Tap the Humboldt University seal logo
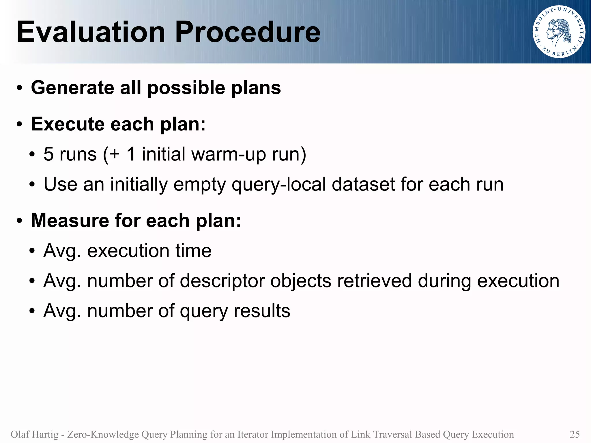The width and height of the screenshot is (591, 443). pyautogui.click(x=559, y=32)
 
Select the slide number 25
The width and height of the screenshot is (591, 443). pyautogui.click(x=575, y=434)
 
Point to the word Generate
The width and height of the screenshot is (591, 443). pyautogui.click(x=72, y=88)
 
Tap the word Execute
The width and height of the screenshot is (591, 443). pyautogui.click(x=68, y=124)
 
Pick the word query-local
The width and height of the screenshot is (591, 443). pyautogui.click(x=279, y=184)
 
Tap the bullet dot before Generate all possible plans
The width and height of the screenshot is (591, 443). pyautogui.click(x=19, y=88)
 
